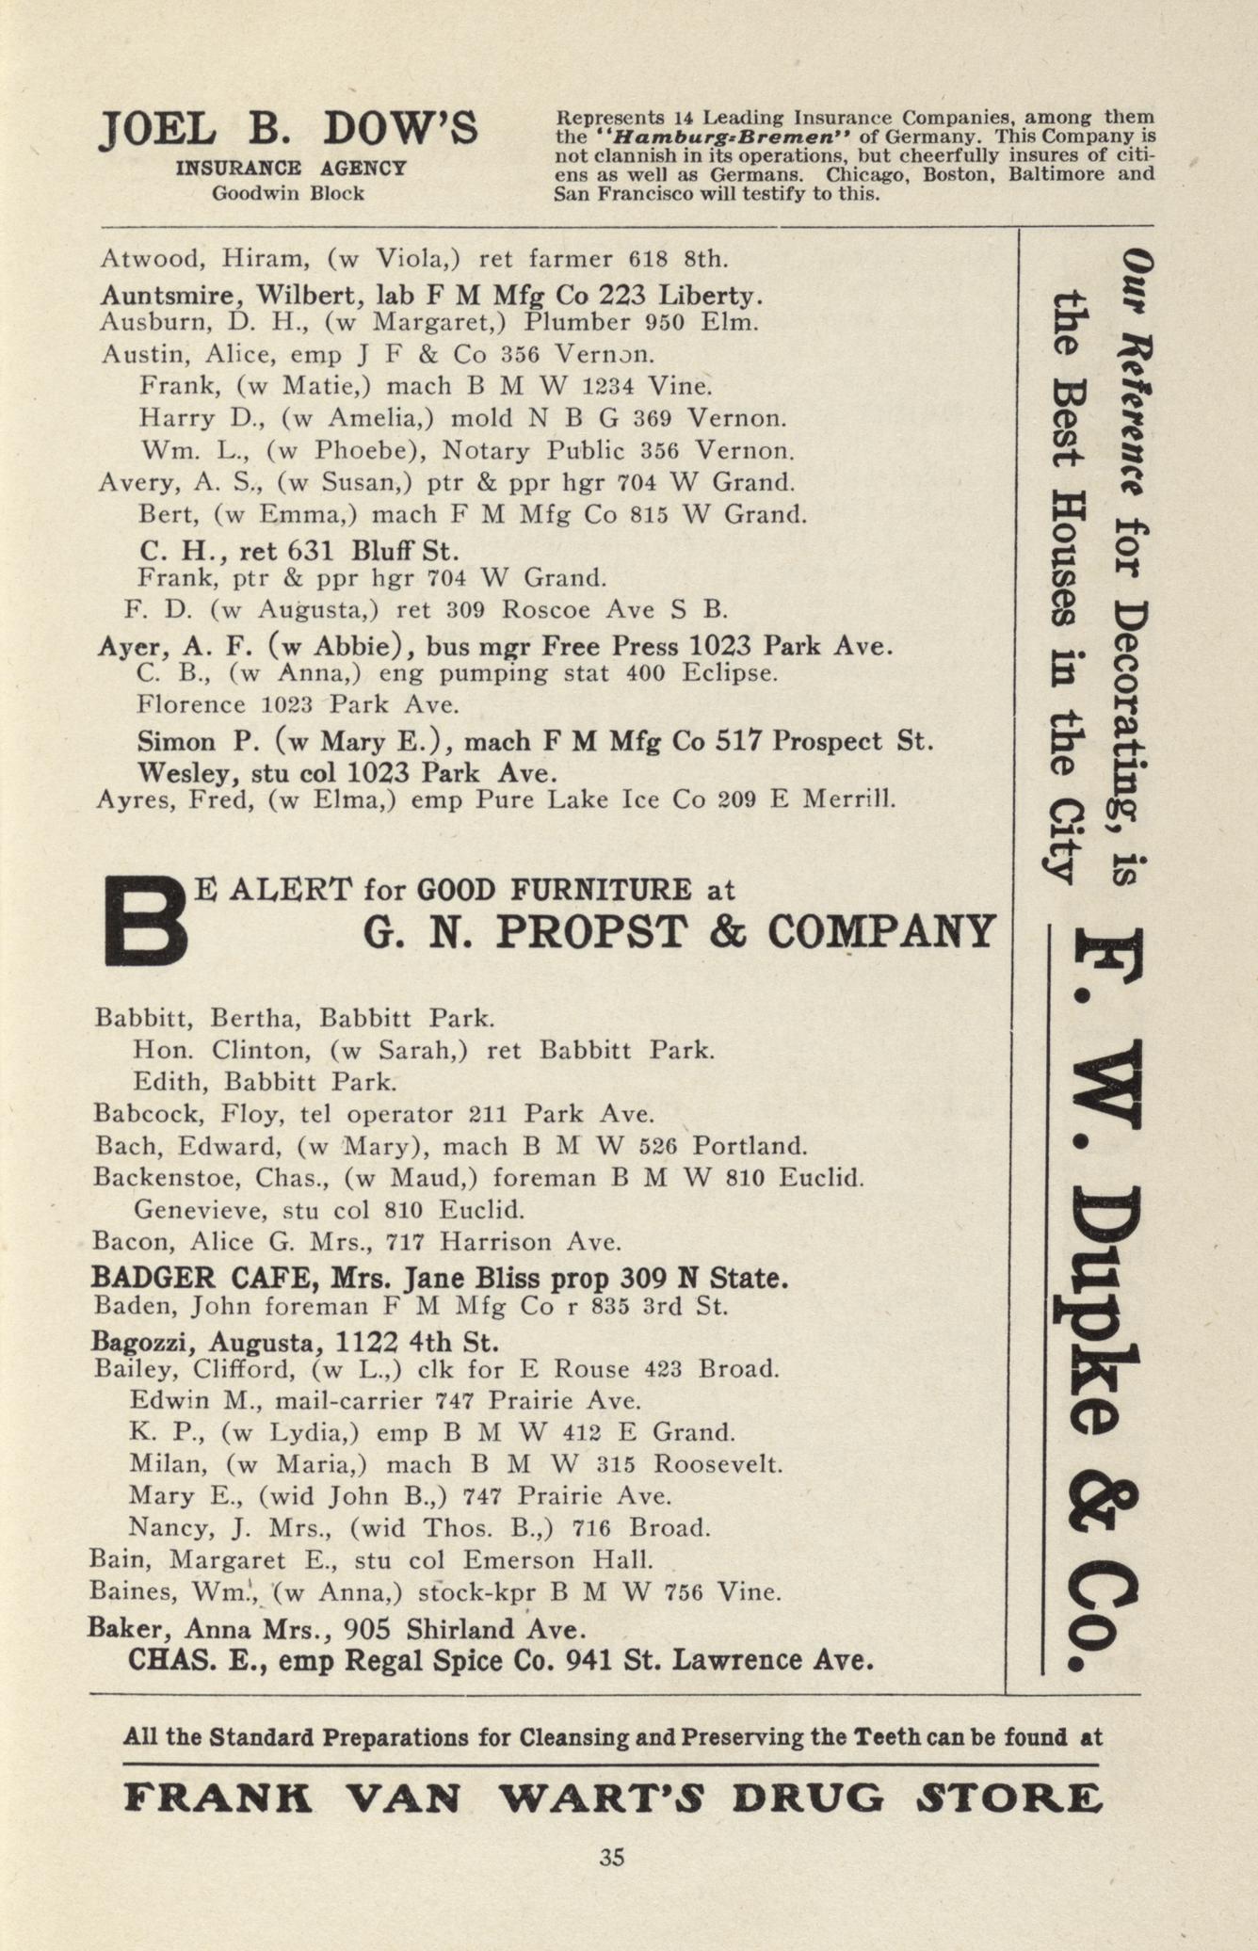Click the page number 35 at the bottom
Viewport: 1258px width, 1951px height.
coord(612,1858)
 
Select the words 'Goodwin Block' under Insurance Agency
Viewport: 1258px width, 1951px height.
coord(288,194)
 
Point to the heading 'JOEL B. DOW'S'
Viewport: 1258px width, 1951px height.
coord(288,130)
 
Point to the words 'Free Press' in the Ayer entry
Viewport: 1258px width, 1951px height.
coord(631,648)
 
